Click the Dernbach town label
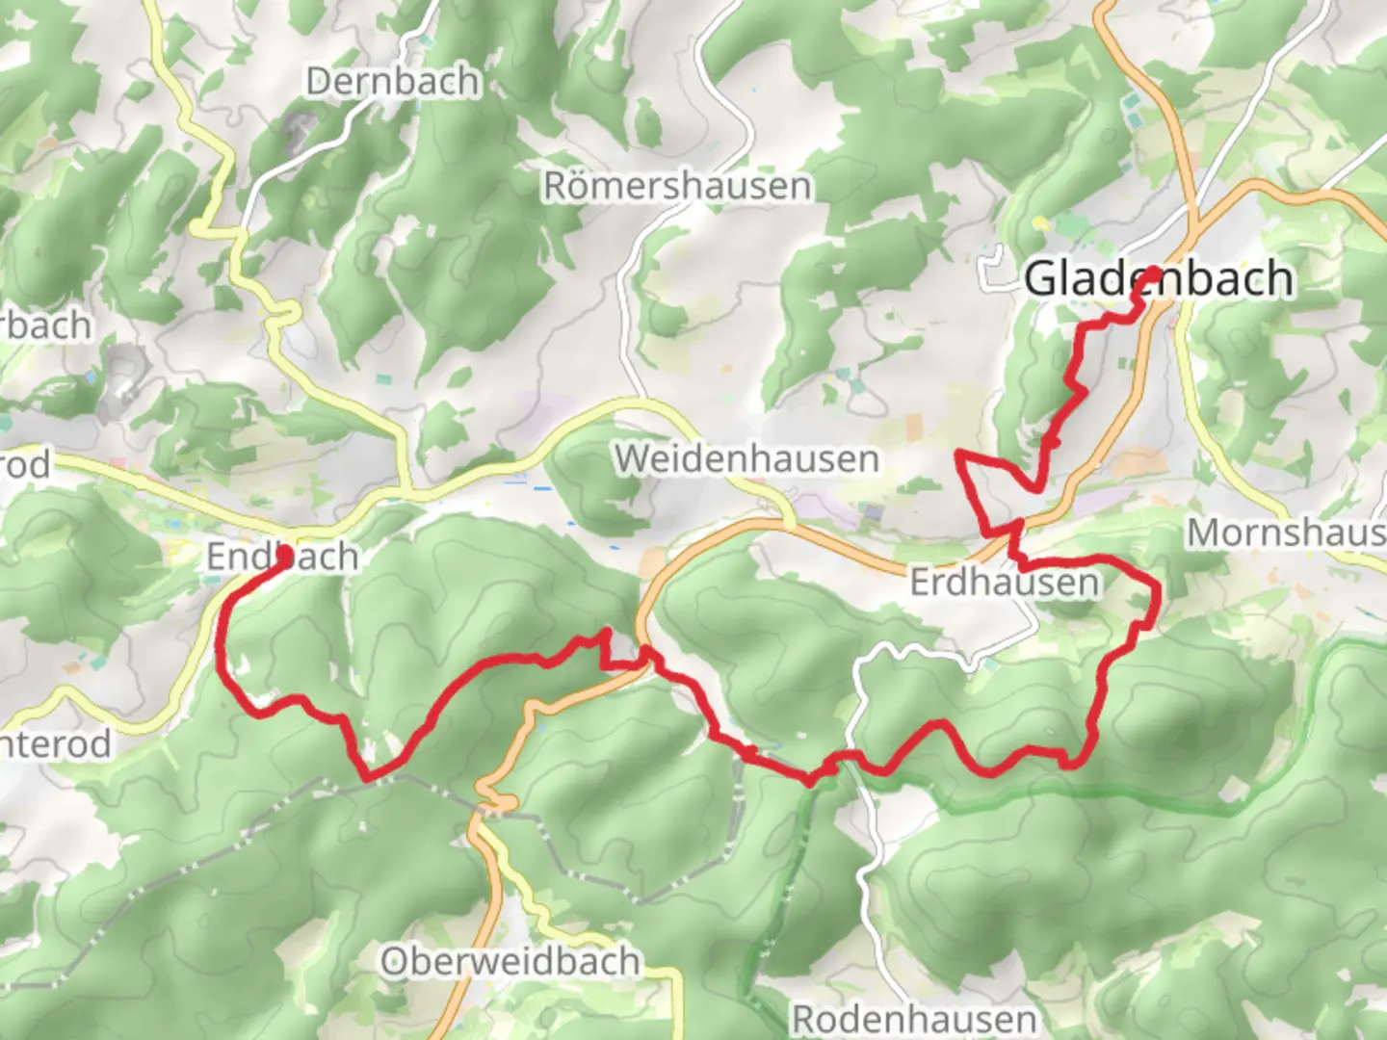(x=393, y=81)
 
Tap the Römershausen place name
(x=677, y=186)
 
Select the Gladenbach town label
(x=1159, y=278)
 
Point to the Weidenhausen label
(x=747, y=458)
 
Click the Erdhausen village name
(x=1004, y=582)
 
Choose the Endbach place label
(x=283, y=557)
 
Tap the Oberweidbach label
(x=510, y=960)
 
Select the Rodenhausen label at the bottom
(x=914, y=1018)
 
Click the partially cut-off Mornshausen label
(x=1286, y=532)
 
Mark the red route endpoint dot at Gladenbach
(x=1151, y=273)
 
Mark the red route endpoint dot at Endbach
(x=284, y=554)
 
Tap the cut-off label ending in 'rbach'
(x=45, y=325)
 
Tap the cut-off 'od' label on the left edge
(x=24, y=465)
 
